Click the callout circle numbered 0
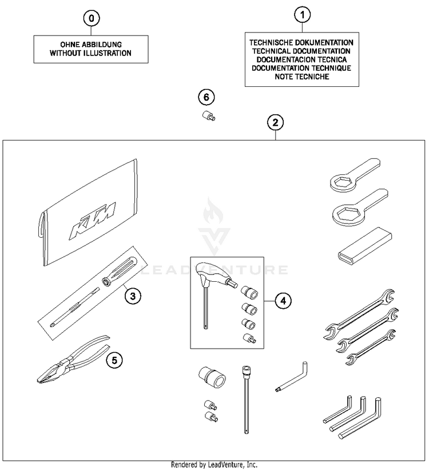(91, 18)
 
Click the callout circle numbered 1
(301, 15)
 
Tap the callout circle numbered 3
(132, 296)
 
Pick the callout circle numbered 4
(282, 300)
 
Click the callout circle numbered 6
(205, 97)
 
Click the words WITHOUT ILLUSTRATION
(90, 53)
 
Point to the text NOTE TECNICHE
(301, 77)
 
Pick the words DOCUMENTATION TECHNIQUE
(301, 68)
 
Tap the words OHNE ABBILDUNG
(90, 45)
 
